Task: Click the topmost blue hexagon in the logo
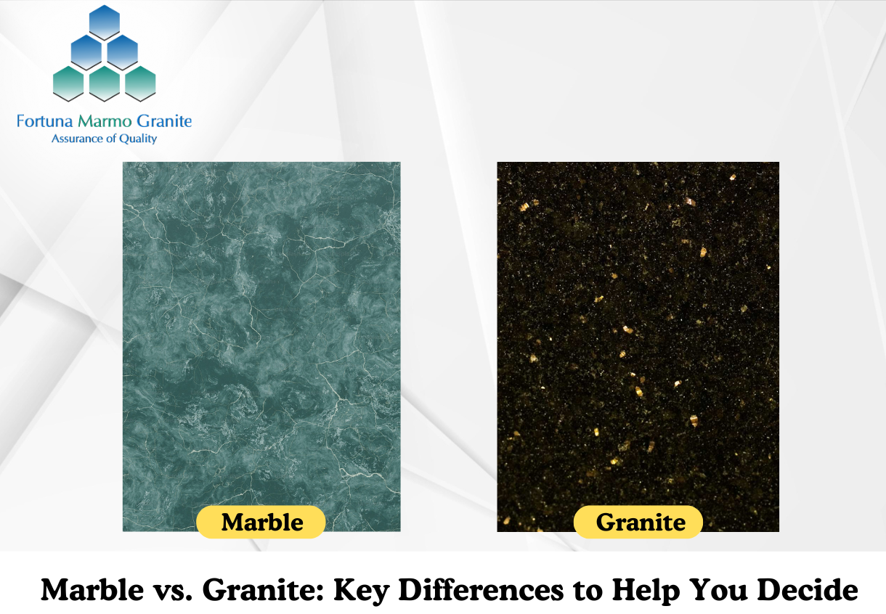(x=105, y=22)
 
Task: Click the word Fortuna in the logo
(x=44, y=121)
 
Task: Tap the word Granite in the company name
(x=164, y=121)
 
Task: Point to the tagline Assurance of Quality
(x=105, y=139)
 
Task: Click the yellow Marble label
(x=261, y=522)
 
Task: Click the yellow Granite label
(x=638, y=522)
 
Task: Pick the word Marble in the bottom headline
(x=92, y=589)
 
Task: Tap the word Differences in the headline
(x=481, y=589)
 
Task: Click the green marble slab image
(x=261, y=346)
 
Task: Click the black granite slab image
(x=638, y=346)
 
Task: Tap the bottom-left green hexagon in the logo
(x=68, y=83)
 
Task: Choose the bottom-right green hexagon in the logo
(x=140, y=83)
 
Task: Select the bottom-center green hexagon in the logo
(x=105, y=83)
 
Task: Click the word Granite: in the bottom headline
(x=264, y=589)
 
